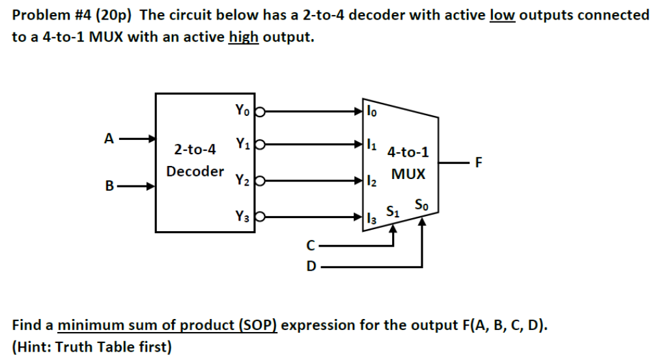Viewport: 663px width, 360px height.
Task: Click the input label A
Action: (x=109, y=138)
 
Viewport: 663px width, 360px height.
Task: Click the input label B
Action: (x=109, y=186)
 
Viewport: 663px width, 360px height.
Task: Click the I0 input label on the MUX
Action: (x=371, y=111)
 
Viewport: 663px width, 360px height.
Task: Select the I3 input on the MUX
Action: (x=371, y=217)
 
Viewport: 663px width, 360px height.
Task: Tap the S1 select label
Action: (x=393, y=211)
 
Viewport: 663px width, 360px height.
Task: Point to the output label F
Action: (x=479, y=163)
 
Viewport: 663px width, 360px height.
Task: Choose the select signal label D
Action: (x=311, y=266)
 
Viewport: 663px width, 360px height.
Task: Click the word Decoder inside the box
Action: (x=195, y=171)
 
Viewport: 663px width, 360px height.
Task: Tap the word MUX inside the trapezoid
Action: (x=408, y=174)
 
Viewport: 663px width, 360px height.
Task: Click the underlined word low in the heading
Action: (x=501, y=15)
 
